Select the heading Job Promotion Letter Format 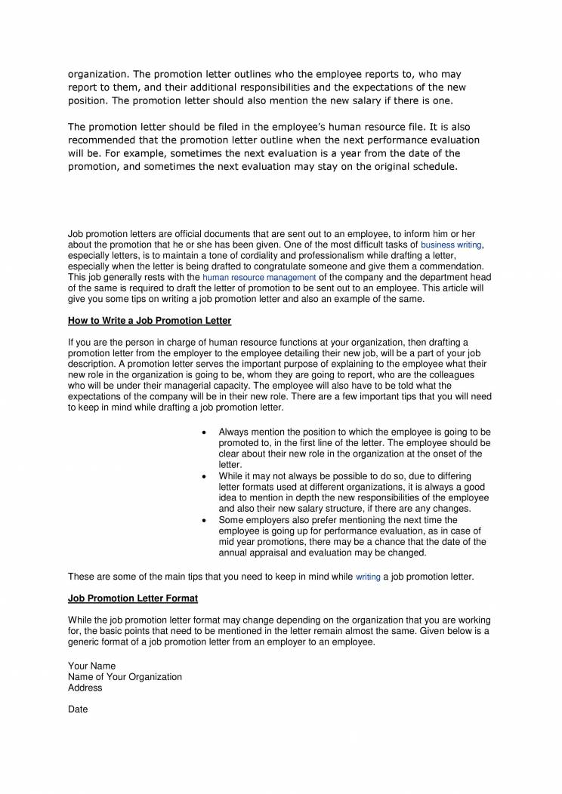(133, 598)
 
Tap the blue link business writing (452, 245)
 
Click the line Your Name (91, 666)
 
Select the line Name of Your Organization (125, 677)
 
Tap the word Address (85, 688)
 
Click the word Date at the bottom (78, 709)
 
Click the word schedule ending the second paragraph (431, 166)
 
